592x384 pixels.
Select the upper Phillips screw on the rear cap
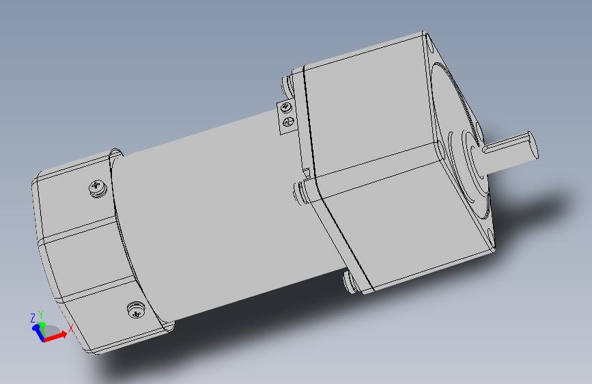[x=98, y=187]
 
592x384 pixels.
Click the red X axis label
[x=70, y=328]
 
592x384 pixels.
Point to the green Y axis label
[x=41, y=315]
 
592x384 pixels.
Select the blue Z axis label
[x=32, y=318]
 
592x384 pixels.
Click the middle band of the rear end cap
[x=82, y=260]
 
